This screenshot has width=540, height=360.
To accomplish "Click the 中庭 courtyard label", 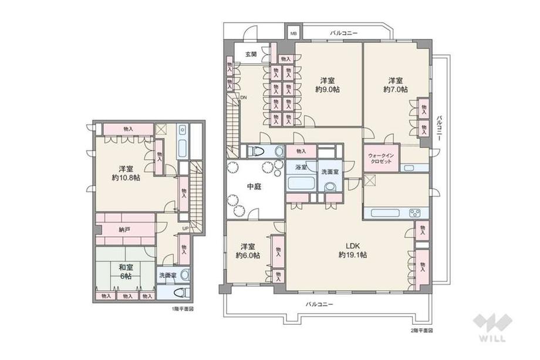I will point(254,187).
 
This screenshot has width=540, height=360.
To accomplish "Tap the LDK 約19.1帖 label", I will point(352,250).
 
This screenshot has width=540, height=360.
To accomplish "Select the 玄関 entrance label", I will point(251,54).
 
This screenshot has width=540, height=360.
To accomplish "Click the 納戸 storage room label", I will point(124,230).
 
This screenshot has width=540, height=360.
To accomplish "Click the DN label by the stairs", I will point(243,98).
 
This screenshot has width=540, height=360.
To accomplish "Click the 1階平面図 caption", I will point(183,308).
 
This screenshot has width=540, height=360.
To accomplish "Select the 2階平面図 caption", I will point(421,330).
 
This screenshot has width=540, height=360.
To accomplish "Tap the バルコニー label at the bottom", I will point(319,304).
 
